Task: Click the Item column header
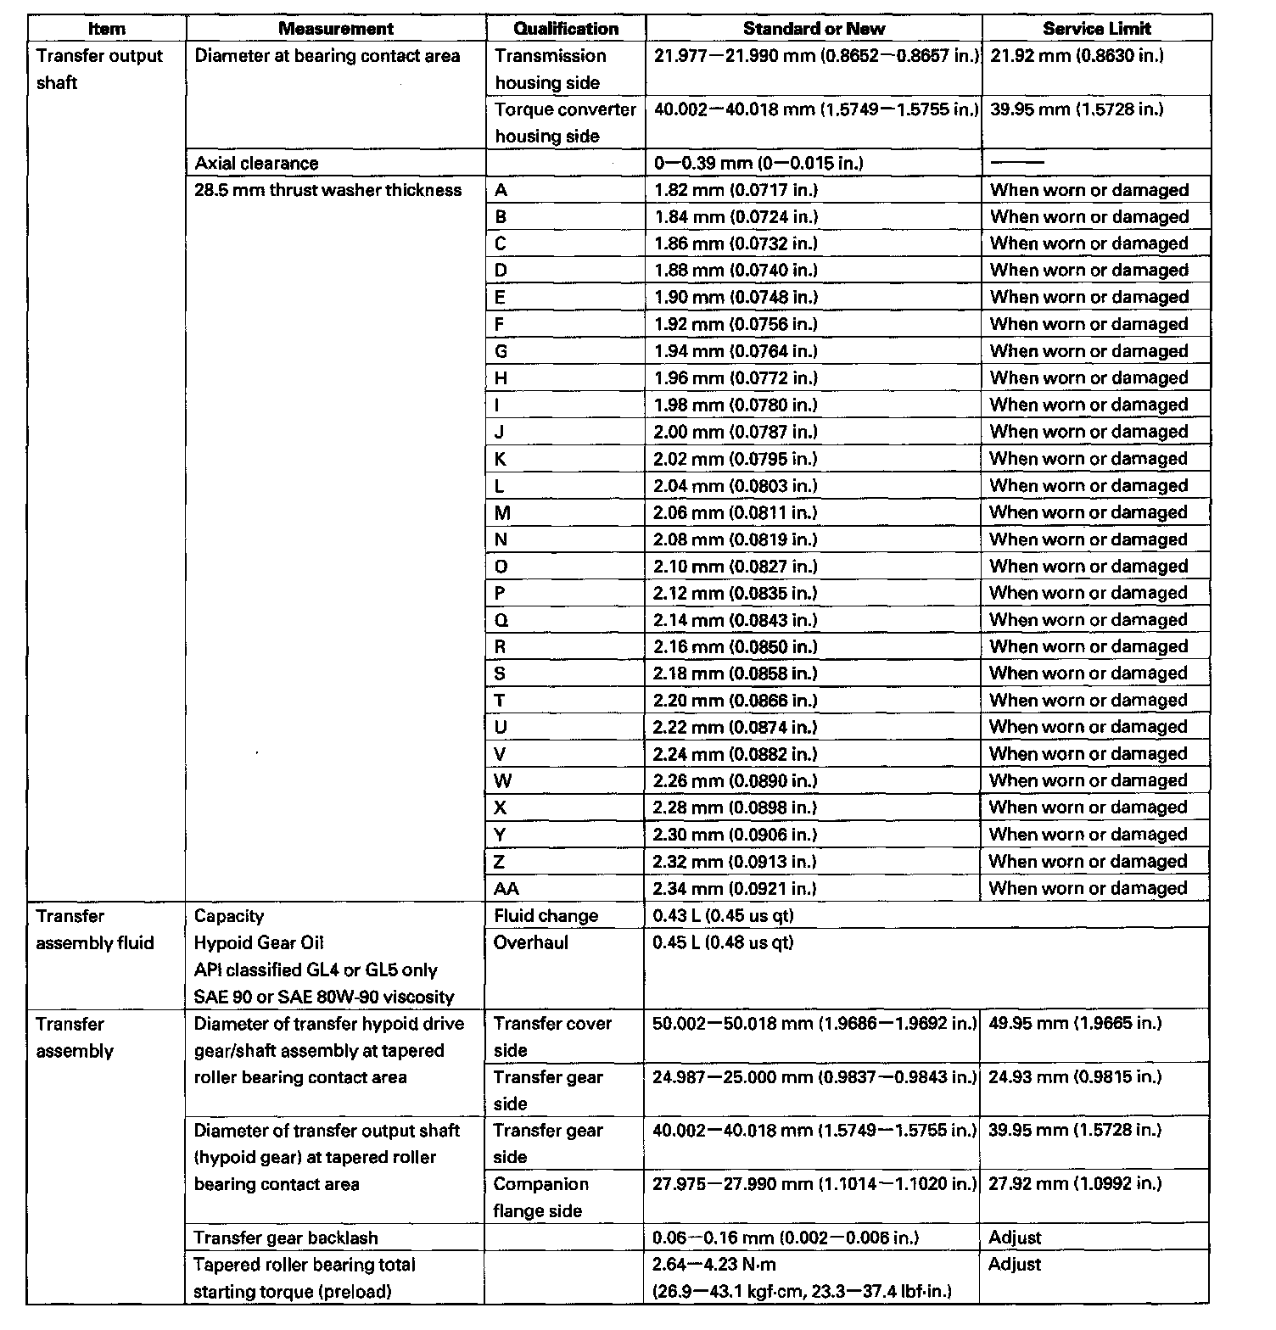(107, 29)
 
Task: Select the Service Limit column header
(1096, 29)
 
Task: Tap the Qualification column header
(566, 29)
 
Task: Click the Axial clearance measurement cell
(257, 163)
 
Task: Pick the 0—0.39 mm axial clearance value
(758, 163)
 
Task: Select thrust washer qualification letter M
(503, 512)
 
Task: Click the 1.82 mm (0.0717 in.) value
(736, 190)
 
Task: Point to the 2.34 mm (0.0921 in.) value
(734, 888)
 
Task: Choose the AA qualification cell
(506, 888)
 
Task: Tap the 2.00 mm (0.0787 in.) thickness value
(735, 432)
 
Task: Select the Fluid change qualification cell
(546, 916)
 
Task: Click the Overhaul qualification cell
(531, 942)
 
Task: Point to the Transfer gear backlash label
(286, 1238)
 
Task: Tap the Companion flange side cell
(540, 1197)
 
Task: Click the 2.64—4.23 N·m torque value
(714, 1265)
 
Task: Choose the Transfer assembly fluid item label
(95, 930)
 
